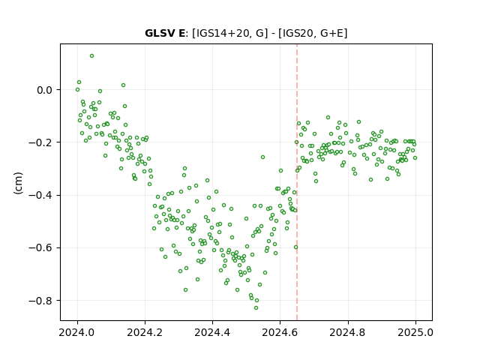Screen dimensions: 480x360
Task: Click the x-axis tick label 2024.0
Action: [x=77, y=332]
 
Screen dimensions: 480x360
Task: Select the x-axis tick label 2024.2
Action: [x=145, y=332]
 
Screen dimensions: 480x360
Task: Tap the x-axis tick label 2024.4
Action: [x=212, y=332]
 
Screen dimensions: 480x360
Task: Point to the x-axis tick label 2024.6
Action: [x=280, y=332]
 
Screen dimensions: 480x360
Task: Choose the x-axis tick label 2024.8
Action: [x=347, y=332]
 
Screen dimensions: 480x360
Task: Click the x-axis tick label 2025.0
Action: [x=415, y=332]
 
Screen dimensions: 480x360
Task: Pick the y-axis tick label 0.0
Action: [x=44, y=90]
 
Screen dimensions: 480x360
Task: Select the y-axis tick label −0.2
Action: [x=40, y=142]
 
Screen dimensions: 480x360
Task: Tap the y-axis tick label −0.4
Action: [x=40, y=195]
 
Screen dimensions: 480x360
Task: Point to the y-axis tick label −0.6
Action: [x=40, y=248]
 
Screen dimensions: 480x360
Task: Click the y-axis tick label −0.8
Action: [x=40, y=301]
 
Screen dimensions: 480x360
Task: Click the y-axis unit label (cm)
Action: [x=18, y=183]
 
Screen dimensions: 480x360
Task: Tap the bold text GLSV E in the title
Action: [x=165, y=33]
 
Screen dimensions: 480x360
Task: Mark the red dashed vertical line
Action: [x=297, y=182]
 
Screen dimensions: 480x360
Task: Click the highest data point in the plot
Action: [x=91, y=56]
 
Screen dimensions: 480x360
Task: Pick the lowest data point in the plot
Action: [x=256, y=307]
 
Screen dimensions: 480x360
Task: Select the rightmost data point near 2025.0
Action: [x=415, y=158]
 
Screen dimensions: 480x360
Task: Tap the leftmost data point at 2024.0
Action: [x=77, y=90]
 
